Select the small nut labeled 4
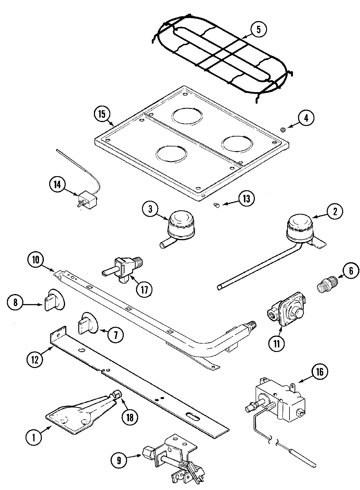coord(283,130)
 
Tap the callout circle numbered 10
coord(36,260)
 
